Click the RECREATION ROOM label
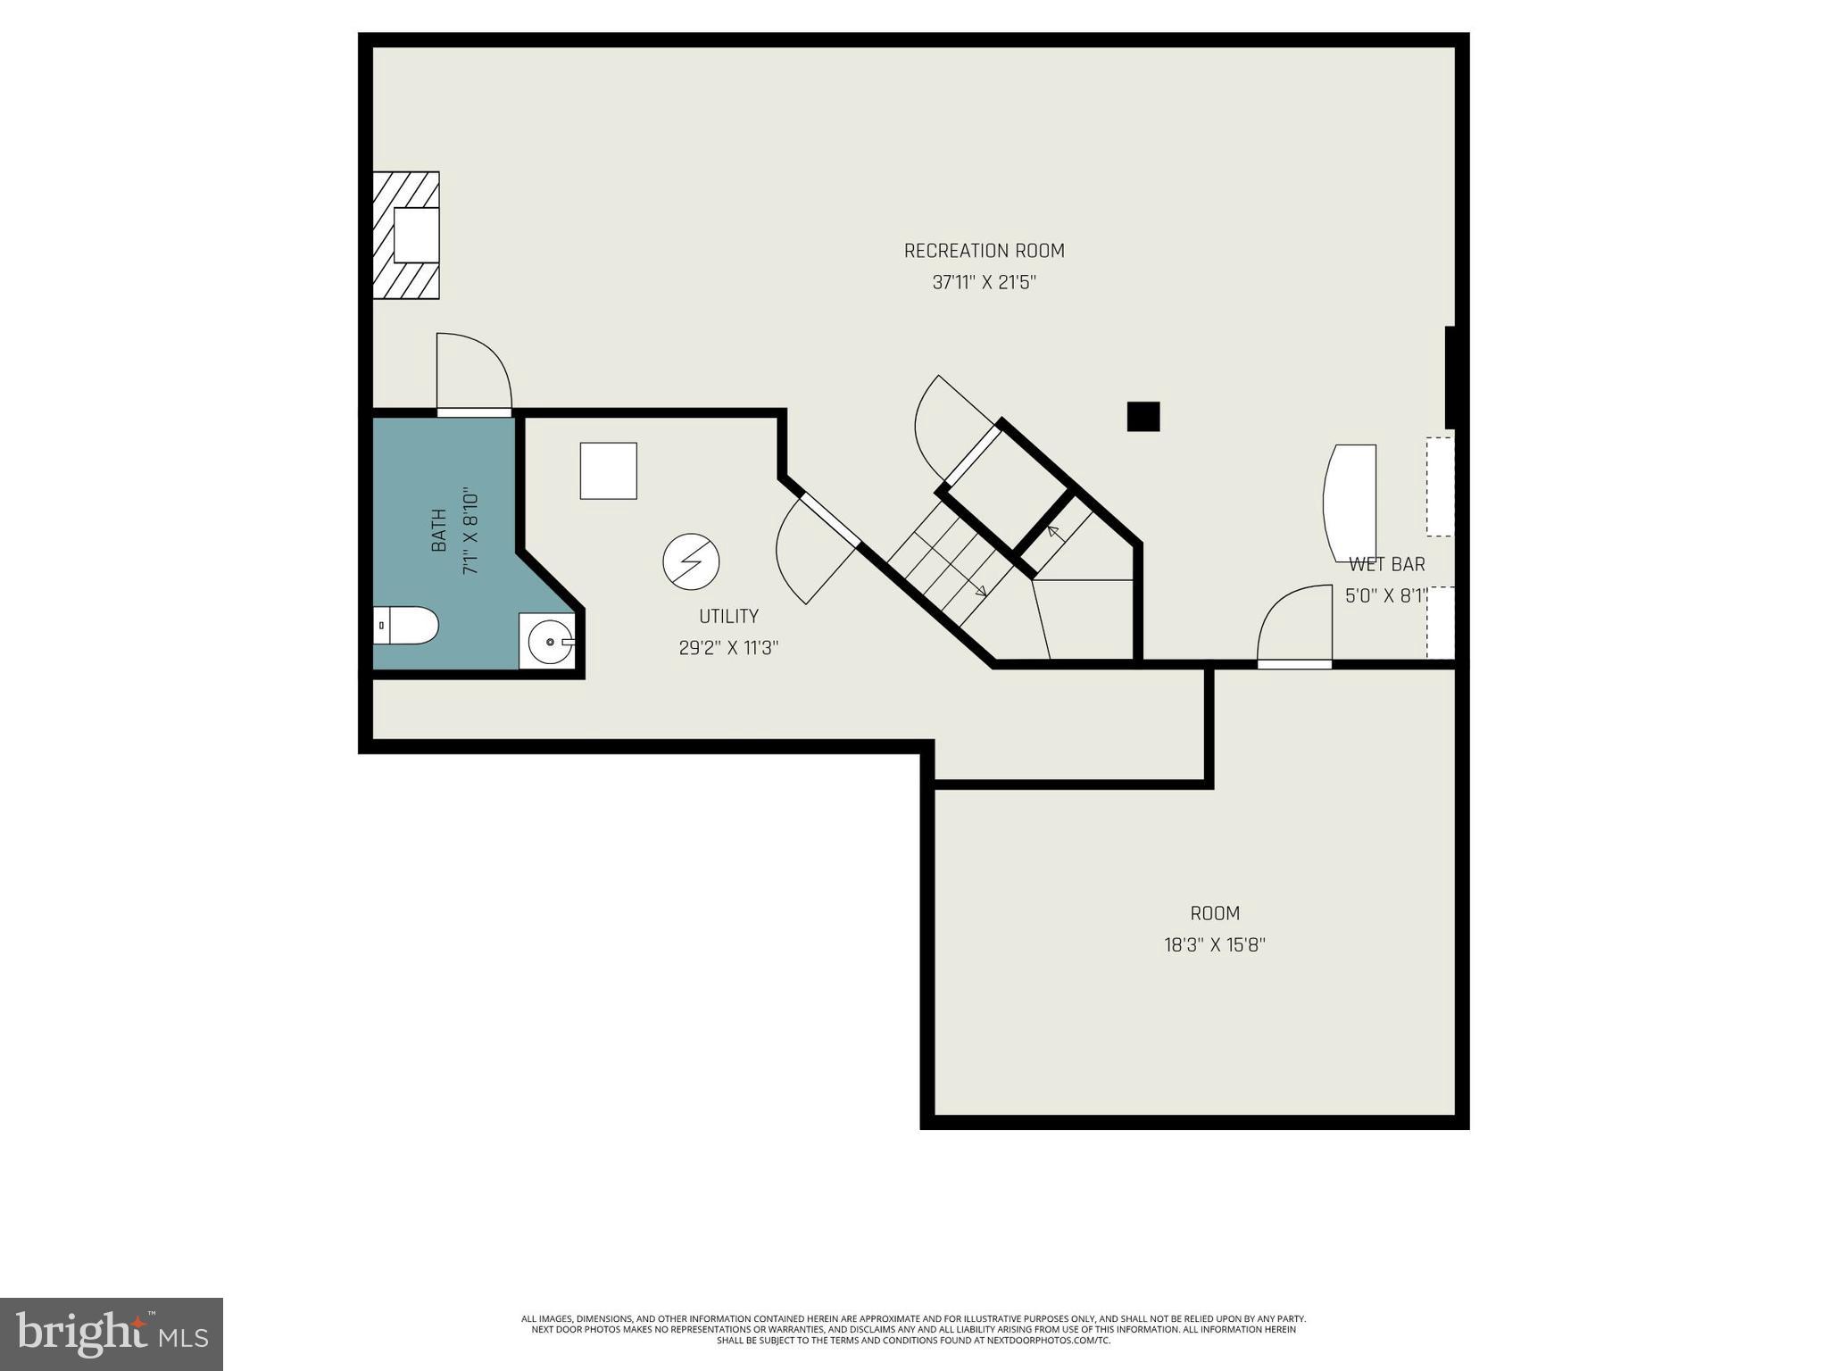coord(984,251)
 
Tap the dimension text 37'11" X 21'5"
coord(984,283)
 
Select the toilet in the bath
coord(405,625)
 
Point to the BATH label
coord(439,530)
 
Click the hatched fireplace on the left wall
coord(406,235)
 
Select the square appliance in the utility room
coord(608,470)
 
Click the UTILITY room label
coord(728,616)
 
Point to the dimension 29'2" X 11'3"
coord(728,648)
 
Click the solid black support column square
coord(1142,416)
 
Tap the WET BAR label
coord(1386,564)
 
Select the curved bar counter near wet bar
coord(1349,503)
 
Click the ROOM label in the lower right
coord(1214,913)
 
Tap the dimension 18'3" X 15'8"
coord(1214,944)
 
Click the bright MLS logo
coord(111,1334)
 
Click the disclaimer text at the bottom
coord(913,1329)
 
